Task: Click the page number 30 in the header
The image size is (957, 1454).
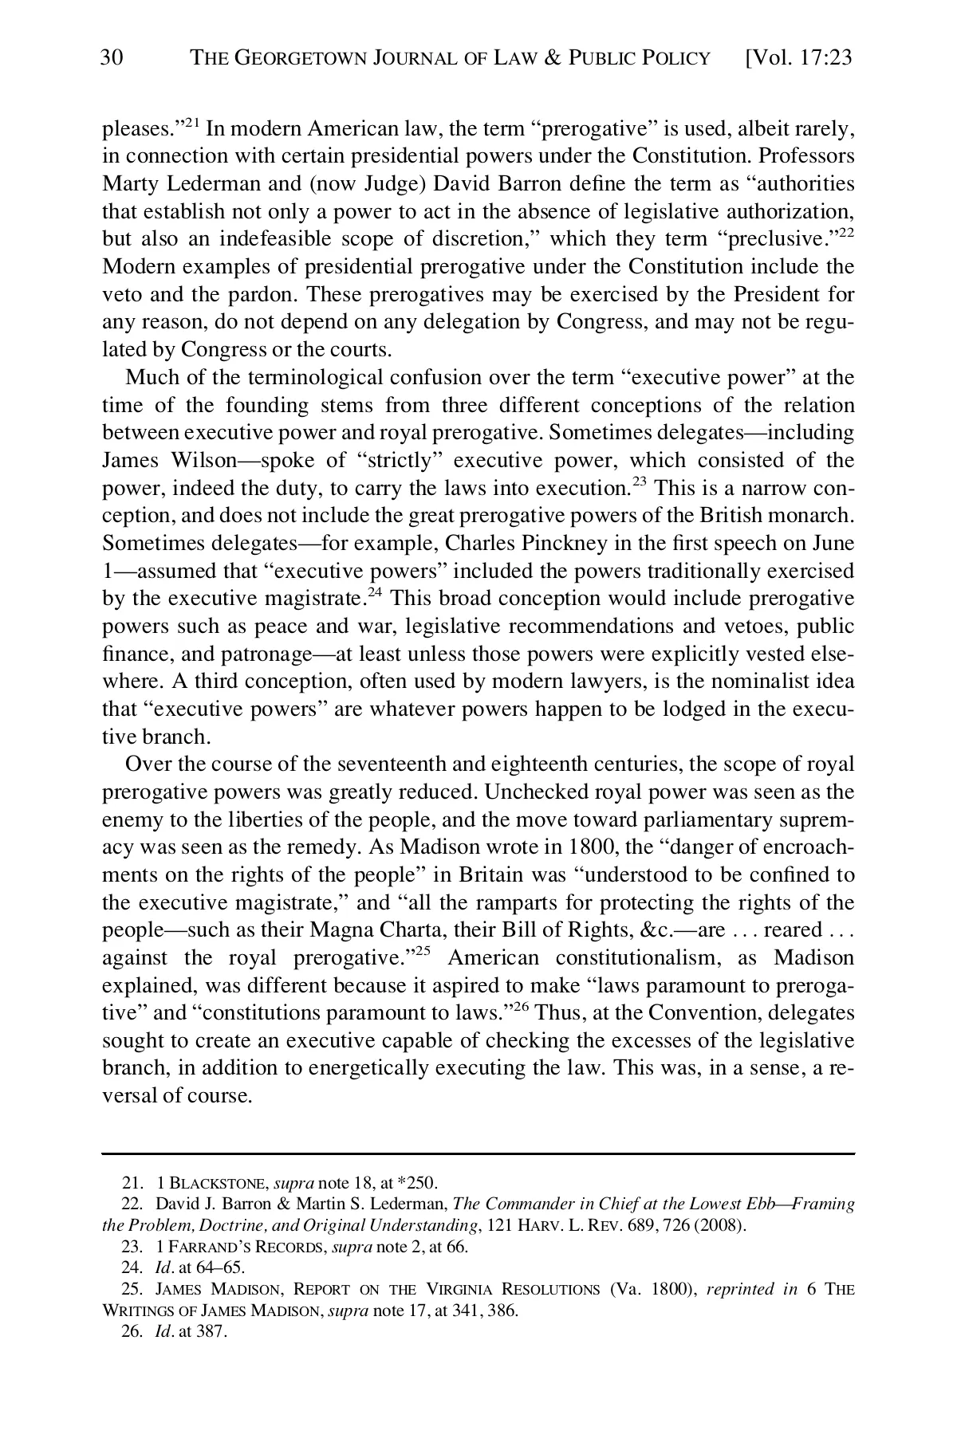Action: coord(112,58)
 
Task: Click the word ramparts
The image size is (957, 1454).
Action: coord(494,902)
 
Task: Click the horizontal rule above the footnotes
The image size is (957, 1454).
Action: coord(478,1153)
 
